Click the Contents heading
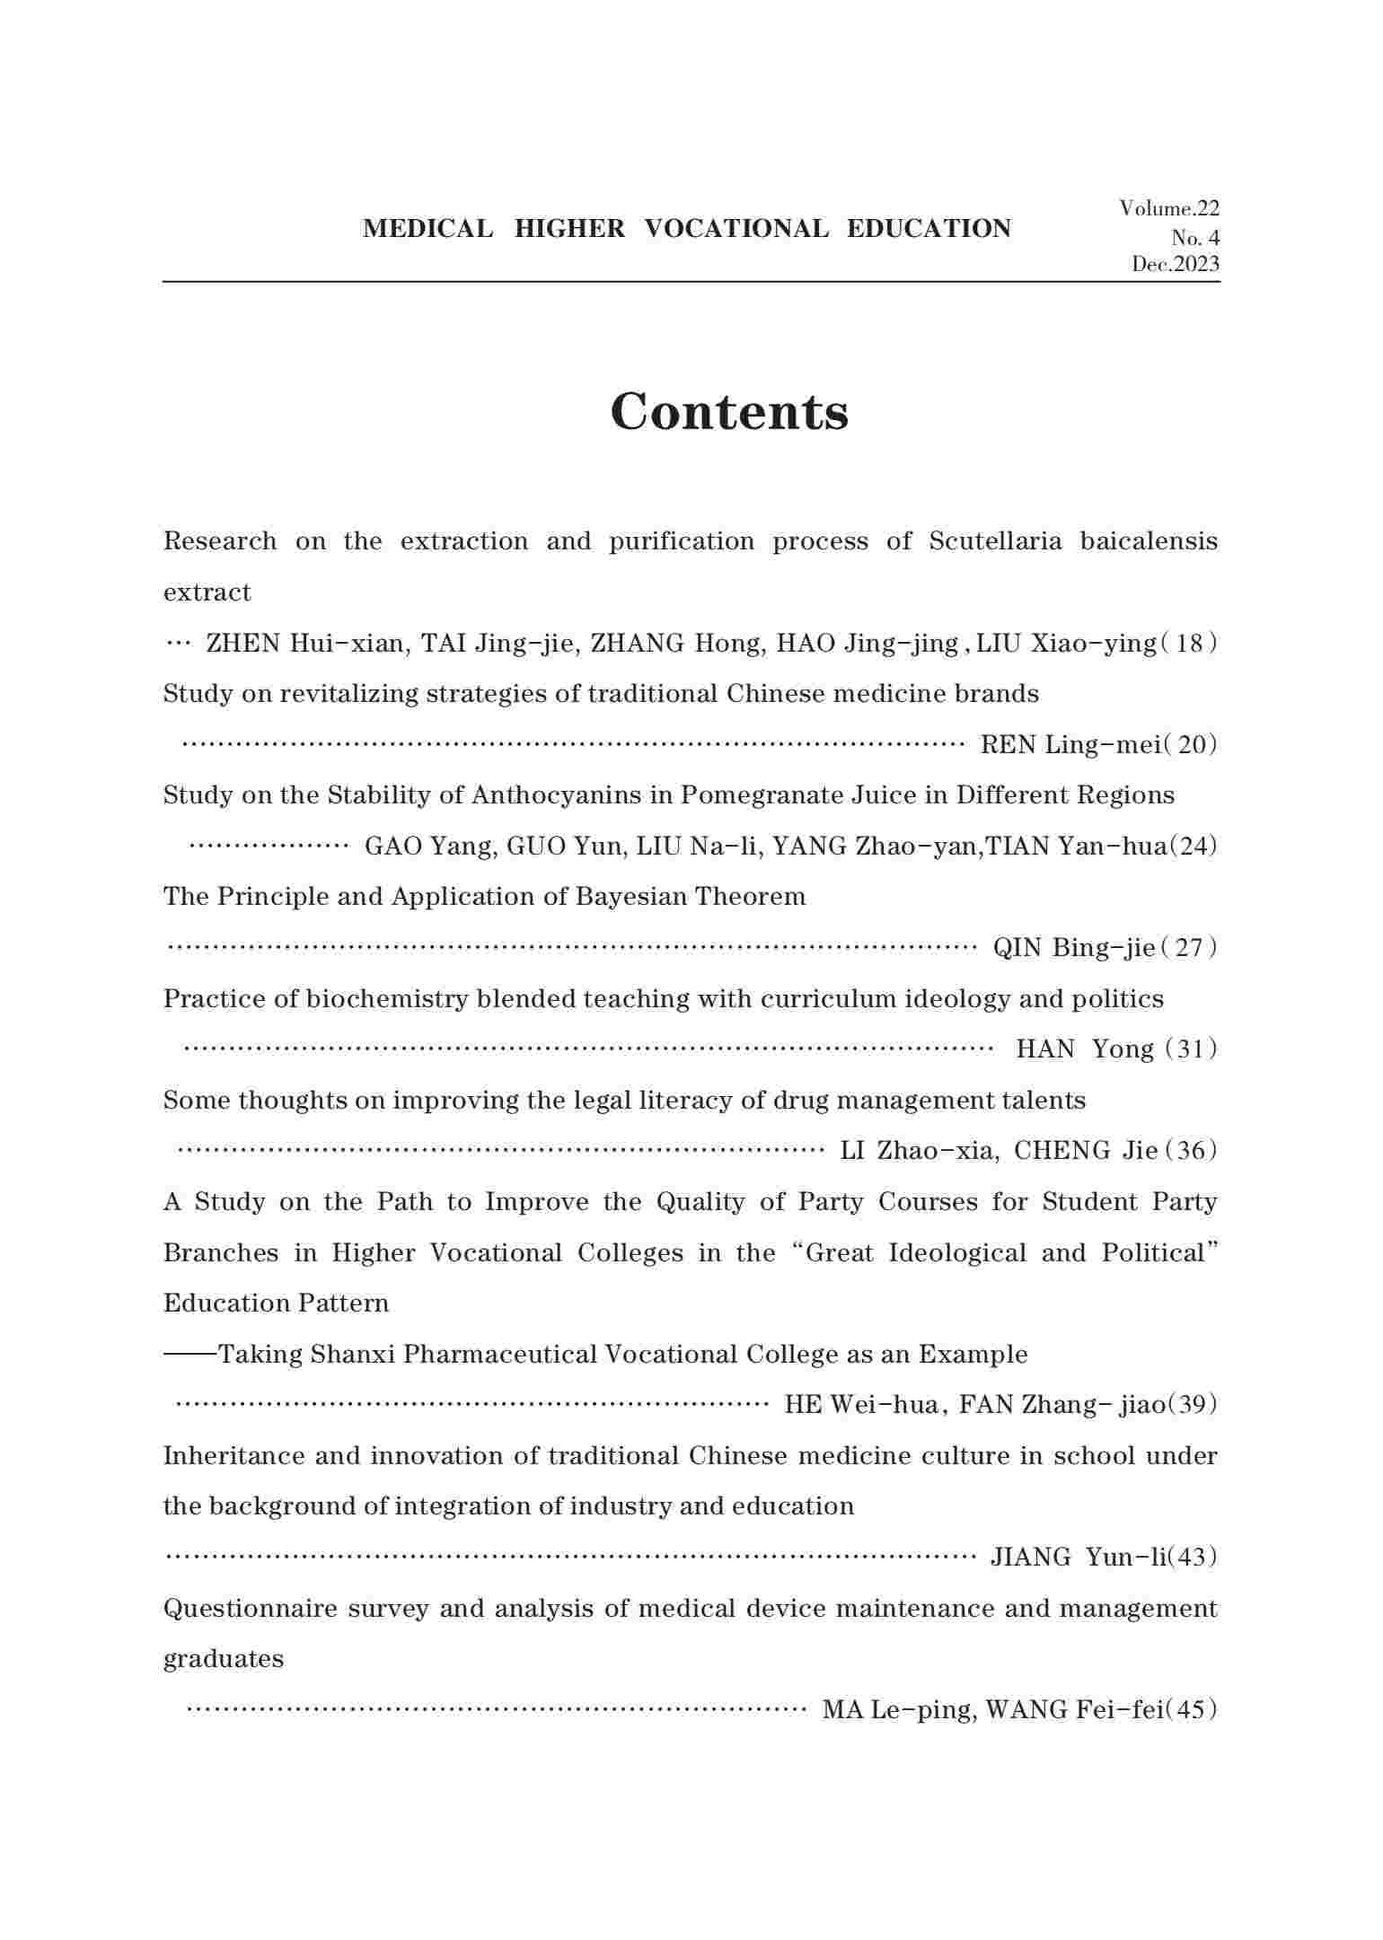click(x=729, y=412)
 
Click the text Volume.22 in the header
click(x=1169, y=208)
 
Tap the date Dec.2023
click(x=1176, y=264)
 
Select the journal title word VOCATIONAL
click(x=736, y=229)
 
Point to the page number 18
click(x=1189, y=644)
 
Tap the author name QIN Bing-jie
click(x=1074, y=948)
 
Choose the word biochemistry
click(x=387, y=999)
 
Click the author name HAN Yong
click(x=1085, y=1049)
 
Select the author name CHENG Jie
click(x=1085, y=1151)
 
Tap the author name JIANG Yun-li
click(x=1077, y=1557)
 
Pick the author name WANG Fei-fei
click(x=1073, y=1710)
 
